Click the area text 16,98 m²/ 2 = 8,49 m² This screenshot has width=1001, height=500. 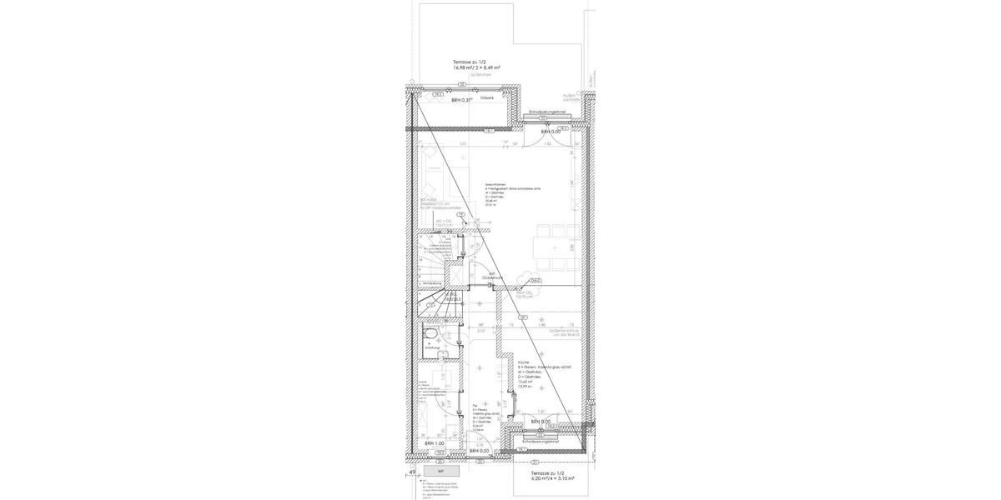[x=476, y=67]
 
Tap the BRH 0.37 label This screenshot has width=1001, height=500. [x=461, y=100]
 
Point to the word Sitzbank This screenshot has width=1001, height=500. [x=487, y=97]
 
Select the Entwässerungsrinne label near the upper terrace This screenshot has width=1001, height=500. [x=547, y=112]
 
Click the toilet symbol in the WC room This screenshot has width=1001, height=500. [x=428, y=337]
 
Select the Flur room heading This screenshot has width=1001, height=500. [x=475, y=407]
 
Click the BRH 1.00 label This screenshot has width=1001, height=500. [x=434, y=443]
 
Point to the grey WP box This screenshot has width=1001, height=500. [x=440, y=471]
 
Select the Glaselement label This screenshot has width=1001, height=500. [x=490, y=276]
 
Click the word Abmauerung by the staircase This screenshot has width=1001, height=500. [x=431, y=284]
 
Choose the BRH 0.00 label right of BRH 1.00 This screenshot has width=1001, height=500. [x=479, y=451]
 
